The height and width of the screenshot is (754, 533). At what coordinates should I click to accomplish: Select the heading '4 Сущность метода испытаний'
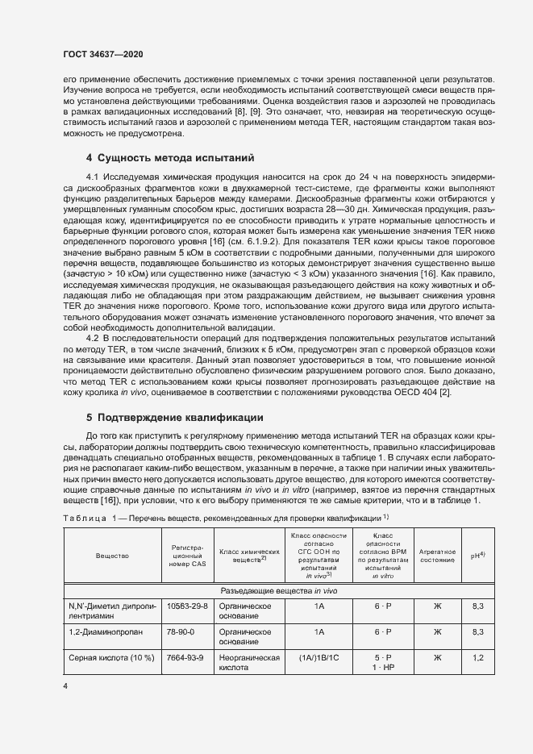pos(169,157)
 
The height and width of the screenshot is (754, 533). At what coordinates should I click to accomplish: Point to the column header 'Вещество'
pos(110,556)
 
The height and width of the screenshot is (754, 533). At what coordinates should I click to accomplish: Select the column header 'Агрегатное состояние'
pos(437,556)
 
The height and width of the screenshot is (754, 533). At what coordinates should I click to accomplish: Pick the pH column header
pos(477,556)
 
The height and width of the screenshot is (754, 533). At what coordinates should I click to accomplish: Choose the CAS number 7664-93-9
pos(185,658)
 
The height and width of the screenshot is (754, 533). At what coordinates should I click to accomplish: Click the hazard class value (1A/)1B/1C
pos(319,658)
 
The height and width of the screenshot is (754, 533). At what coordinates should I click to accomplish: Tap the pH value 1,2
pos(477,658)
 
